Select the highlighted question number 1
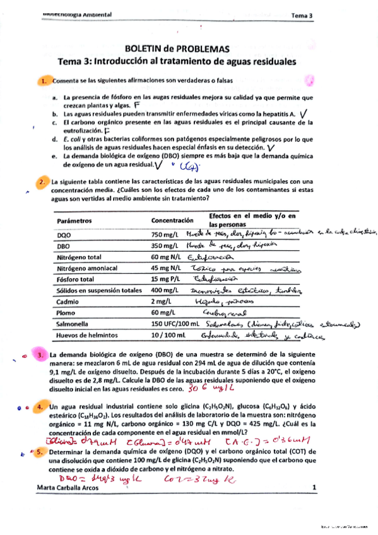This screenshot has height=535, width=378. pyautogui.click(x=43, y=81)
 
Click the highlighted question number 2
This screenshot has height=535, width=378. pyautogui.click(x=43, y=182)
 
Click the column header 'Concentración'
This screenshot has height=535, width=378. pyautogui.click(x=172, y=220)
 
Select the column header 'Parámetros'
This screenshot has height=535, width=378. pyautogui.click(x=74, y=221)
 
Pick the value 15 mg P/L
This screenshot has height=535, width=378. pyautogui.click(x=167, y=279)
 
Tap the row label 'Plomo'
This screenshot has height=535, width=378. pyautogui.click(x=67, y=313)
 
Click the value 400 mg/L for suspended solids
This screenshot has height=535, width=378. pyautogui.click(x=166, y=290)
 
